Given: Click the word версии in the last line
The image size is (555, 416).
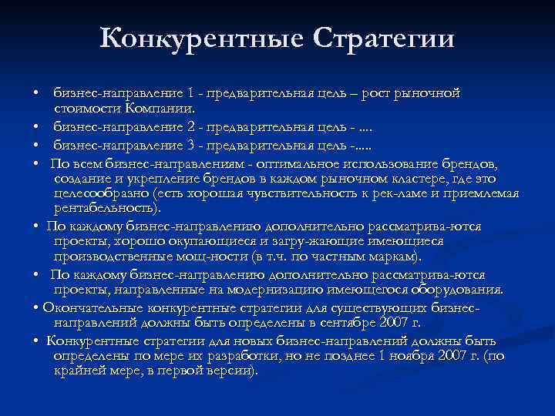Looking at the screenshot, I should click(227, 371).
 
